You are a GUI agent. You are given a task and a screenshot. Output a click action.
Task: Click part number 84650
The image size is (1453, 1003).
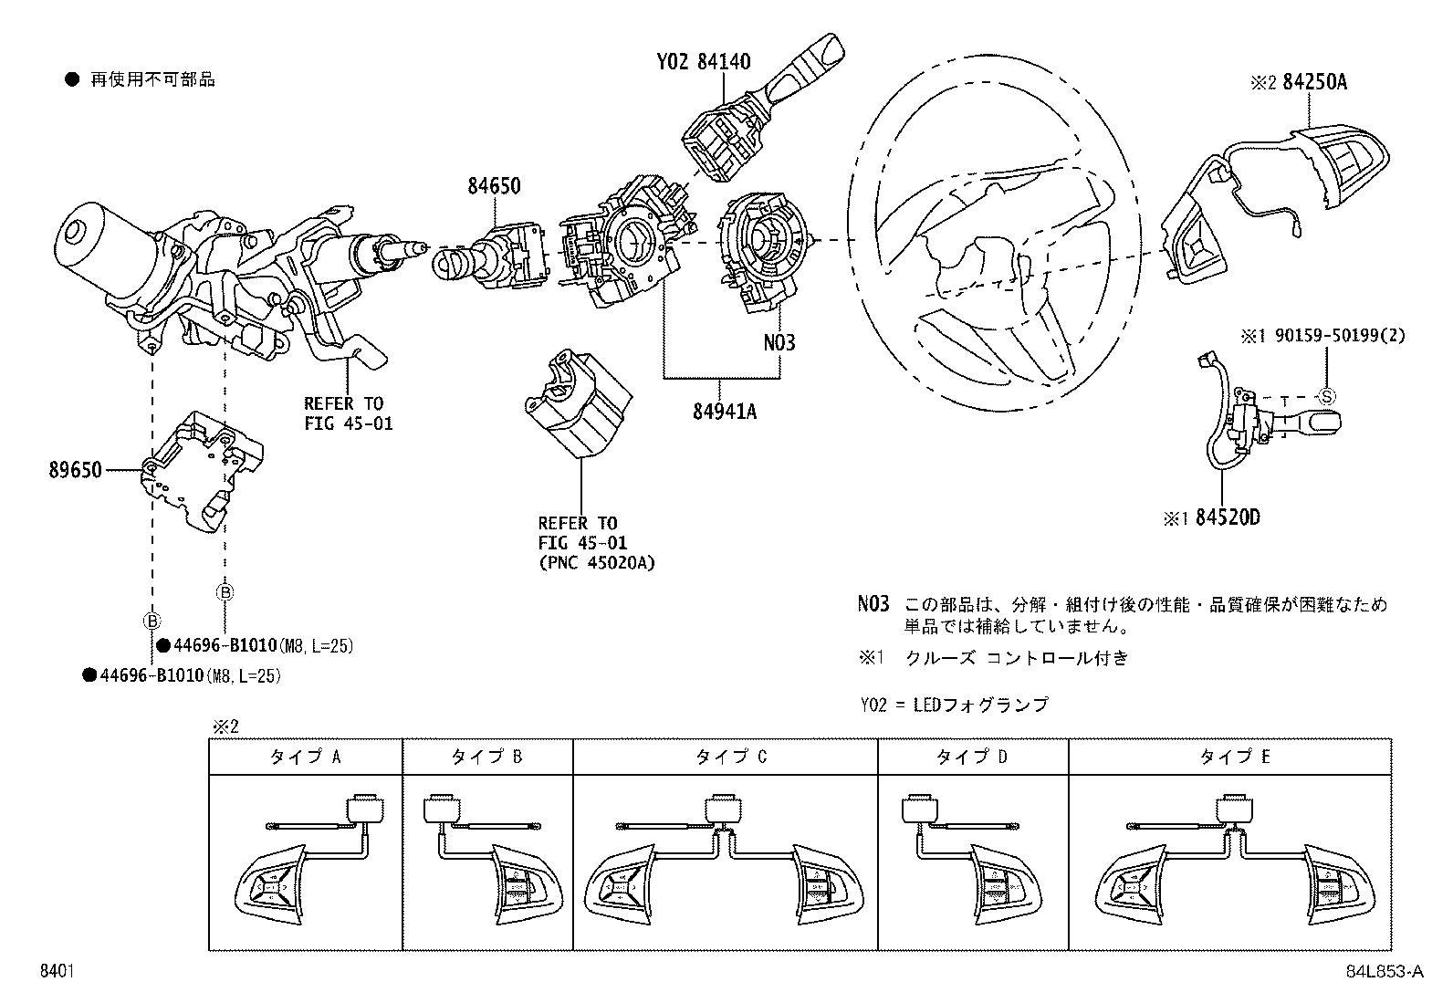pyautogui.click(x=494, y=186)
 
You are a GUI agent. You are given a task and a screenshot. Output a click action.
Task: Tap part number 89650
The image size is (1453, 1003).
pyautogui.click(x=76, y=471)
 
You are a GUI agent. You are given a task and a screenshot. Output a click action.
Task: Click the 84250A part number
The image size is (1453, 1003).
pyautogui.click(x=1314, y=82)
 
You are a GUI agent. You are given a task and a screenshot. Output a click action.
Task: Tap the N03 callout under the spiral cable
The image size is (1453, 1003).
pyautogui.click(x=779, y=343)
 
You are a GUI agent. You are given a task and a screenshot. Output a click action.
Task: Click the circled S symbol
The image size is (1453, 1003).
pyautogui.click(x=1327, y=396)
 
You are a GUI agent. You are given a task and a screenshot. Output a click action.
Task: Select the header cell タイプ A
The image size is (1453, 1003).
pyautogui.click(x=305, y=757)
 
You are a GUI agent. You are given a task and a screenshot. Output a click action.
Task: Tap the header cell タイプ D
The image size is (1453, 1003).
pyautogui.click(x=972, y=757)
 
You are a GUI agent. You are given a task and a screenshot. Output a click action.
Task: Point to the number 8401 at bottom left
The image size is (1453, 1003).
pyautogui.click(x=57, y=972)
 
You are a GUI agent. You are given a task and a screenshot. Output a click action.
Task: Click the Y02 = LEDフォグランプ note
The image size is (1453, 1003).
pyautogui.click(x=955, y=705)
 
